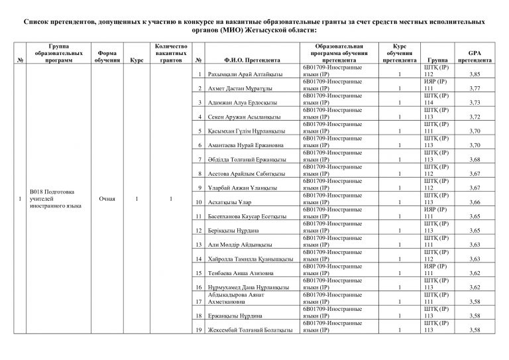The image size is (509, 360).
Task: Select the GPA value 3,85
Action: click(x=474, y=75)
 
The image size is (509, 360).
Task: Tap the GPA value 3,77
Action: click(x=474, y=89)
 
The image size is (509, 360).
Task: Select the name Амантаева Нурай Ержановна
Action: click(x=245, y=145)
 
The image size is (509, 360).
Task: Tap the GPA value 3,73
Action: click(x=474, y=103)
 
